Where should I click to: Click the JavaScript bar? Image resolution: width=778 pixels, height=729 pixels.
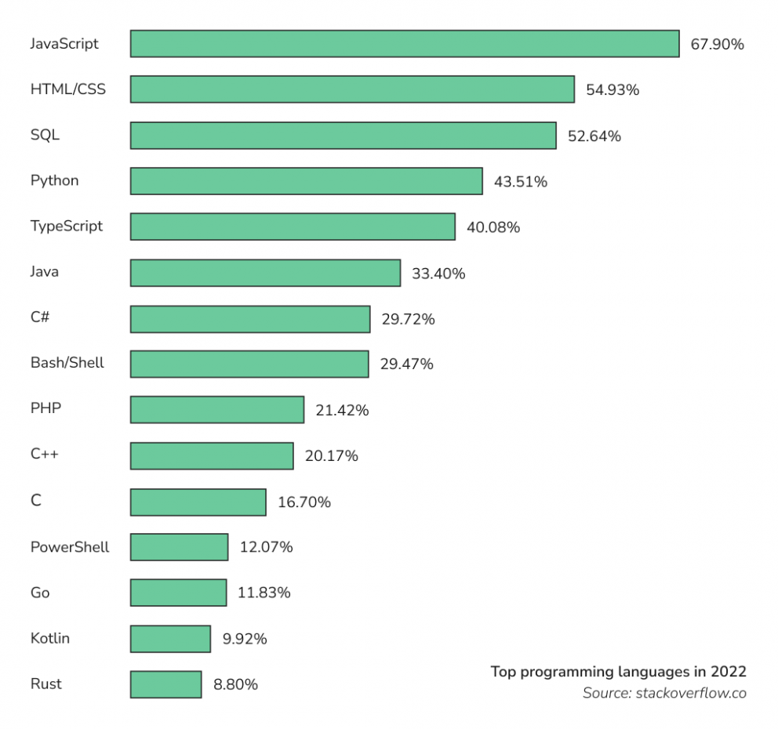[x=405, y=44]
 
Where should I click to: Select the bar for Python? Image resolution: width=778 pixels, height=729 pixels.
[x=306, y=181]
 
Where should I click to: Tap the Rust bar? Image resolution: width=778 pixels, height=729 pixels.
[x=165, y=684]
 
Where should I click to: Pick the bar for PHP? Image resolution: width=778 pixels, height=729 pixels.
[x=217, y=410]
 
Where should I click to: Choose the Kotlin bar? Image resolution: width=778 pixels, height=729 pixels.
[x=170, y=639]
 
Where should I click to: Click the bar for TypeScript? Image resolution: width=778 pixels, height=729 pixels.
[x=293, y=227]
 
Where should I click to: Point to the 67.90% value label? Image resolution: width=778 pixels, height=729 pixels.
[x=717, y=45]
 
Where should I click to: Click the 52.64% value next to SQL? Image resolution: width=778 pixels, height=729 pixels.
[x=594, y=136]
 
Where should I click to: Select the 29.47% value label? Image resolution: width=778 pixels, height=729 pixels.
[x=406, y=364]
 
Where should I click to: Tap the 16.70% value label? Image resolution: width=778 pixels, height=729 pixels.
[x=304, y=502]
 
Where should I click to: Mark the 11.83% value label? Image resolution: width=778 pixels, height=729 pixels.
[x=264, y=593]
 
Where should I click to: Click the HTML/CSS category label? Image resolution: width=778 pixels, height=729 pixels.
[x=67, y=89]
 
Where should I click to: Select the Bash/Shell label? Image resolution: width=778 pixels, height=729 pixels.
[x=67, y=363]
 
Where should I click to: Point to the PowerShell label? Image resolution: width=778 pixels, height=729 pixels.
[x=70, y=547]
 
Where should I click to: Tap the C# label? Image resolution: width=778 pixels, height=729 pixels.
[x=41, y=317]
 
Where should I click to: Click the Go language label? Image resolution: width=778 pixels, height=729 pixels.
[x=39, y=593]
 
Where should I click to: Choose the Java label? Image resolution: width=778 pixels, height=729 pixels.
[x=44, y=272]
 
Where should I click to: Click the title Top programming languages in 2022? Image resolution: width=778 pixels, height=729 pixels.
[x=618, y=672]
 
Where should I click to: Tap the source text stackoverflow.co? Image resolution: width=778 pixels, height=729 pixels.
[x=664, y=693]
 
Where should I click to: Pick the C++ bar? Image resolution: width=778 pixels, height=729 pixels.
[x=212, y=456]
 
